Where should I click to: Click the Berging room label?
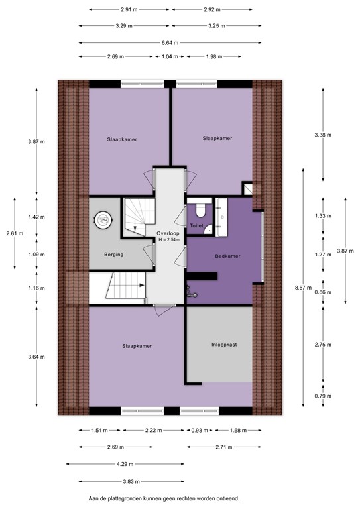pyautogui.click(x=113, y=254)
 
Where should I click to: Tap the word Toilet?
pyautogui.click(x=196, y=226)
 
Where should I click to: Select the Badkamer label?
pyautogui.click(x=227, y=256)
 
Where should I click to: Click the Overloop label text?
pyautogui.click(x=167, y=233)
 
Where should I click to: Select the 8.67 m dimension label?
pyautogui.click(x=307, y=288)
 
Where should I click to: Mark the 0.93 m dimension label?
pyautogui.click(x=198, y=430)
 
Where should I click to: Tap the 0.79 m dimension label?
pyautogui.click(x=322, y=396)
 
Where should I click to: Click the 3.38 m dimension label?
pyautogui.click(x=322, y=135)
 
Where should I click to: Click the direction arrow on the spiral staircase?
pyautogui.click(x=135, y=227)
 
